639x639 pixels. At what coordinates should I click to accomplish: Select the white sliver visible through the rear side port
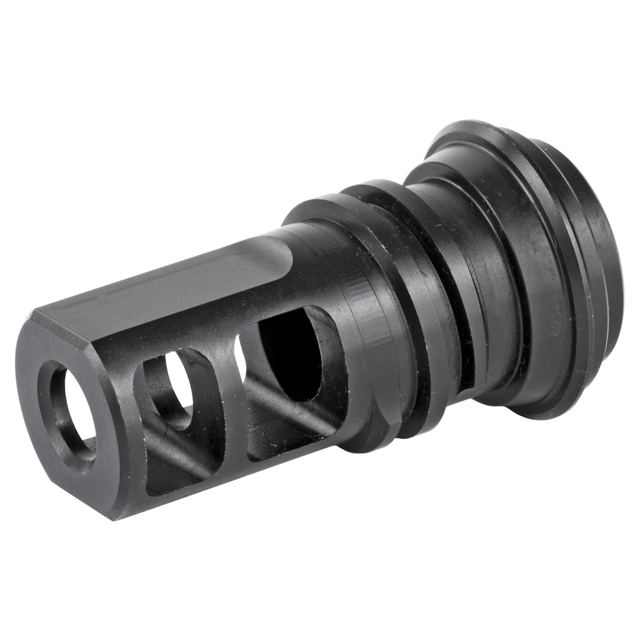click(x=239, y=348)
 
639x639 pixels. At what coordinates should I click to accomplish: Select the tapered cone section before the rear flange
click(x=524, y=268)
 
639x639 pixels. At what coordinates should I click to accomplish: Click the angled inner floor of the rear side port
click(x=294, y=428)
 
